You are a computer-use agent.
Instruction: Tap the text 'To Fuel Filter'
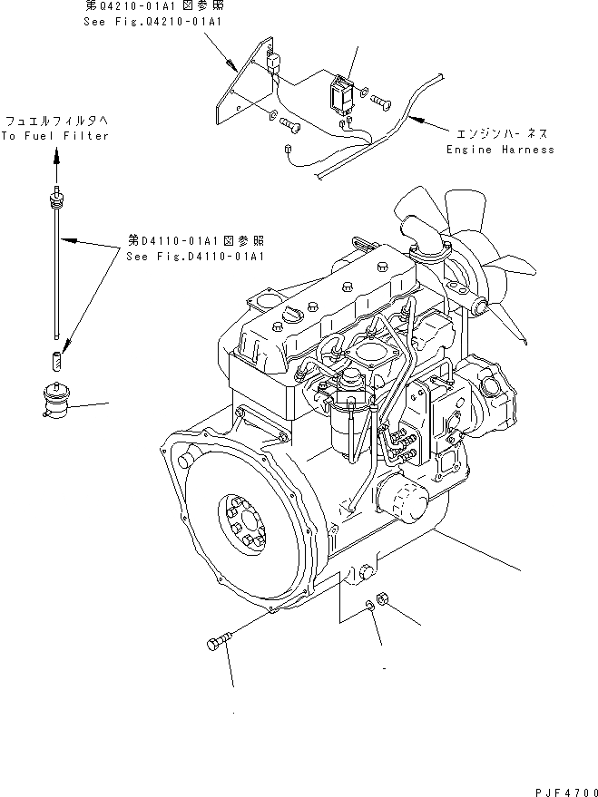coord(54,136)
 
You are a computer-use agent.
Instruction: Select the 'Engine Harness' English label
coord(499,150)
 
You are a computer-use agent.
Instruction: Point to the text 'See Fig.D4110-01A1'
coord(195,257)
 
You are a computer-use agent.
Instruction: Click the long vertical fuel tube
coord(57,272)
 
